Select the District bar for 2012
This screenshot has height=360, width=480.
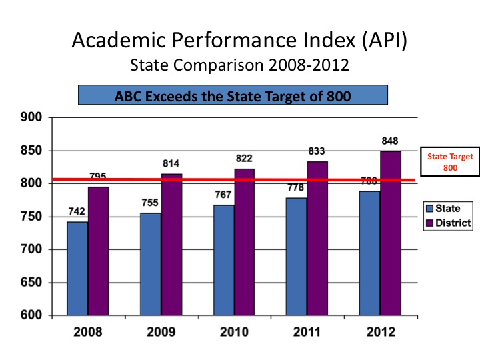[390, 233]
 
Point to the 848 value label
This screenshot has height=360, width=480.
[391, 141]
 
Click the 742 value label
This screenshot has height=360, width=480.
[77, 211]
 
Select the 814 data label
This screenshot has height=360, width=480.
[171, 163]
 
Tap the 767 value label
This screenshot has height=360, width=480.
[223, 195]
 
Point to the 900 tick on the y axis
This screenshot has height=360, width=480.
[32, 118]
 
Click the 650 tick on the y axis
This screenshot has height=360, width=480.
[32, 283]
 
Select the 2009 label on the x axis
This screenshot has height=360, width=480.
[161, 332]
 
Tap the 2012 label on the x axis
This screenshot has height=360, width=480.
[380, 332]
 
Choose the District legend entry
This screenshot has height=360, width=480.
[448, 222]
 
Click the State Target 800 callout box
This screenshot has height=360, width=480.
[450, 162]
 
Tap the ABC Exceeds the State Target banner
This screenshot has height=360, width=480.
[233, 95]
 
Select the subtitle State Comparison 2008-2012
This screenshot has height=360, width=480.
[239, 66]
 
